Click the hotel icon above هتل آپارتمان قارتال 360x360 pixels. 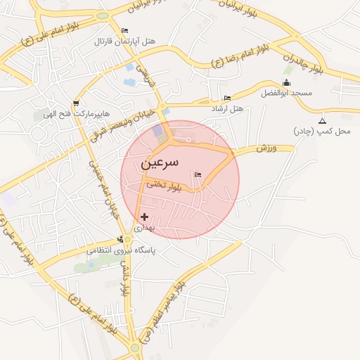tap(125, 30)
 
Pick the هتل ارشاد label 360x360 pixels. tap(226, 109)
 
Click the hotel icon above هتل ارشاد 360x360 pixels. tap(226, 98)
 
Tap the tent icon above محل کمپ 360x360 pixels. tap(322, 120)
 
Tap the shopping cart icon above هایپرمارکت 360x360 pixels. tap(75, 104)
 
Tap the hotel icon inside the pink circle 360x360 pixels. tap(197, 174)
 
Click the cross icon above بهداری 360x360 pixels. tap(145, 217)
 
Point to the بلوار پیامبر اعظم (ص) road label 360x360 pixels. tap(162, 313)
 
